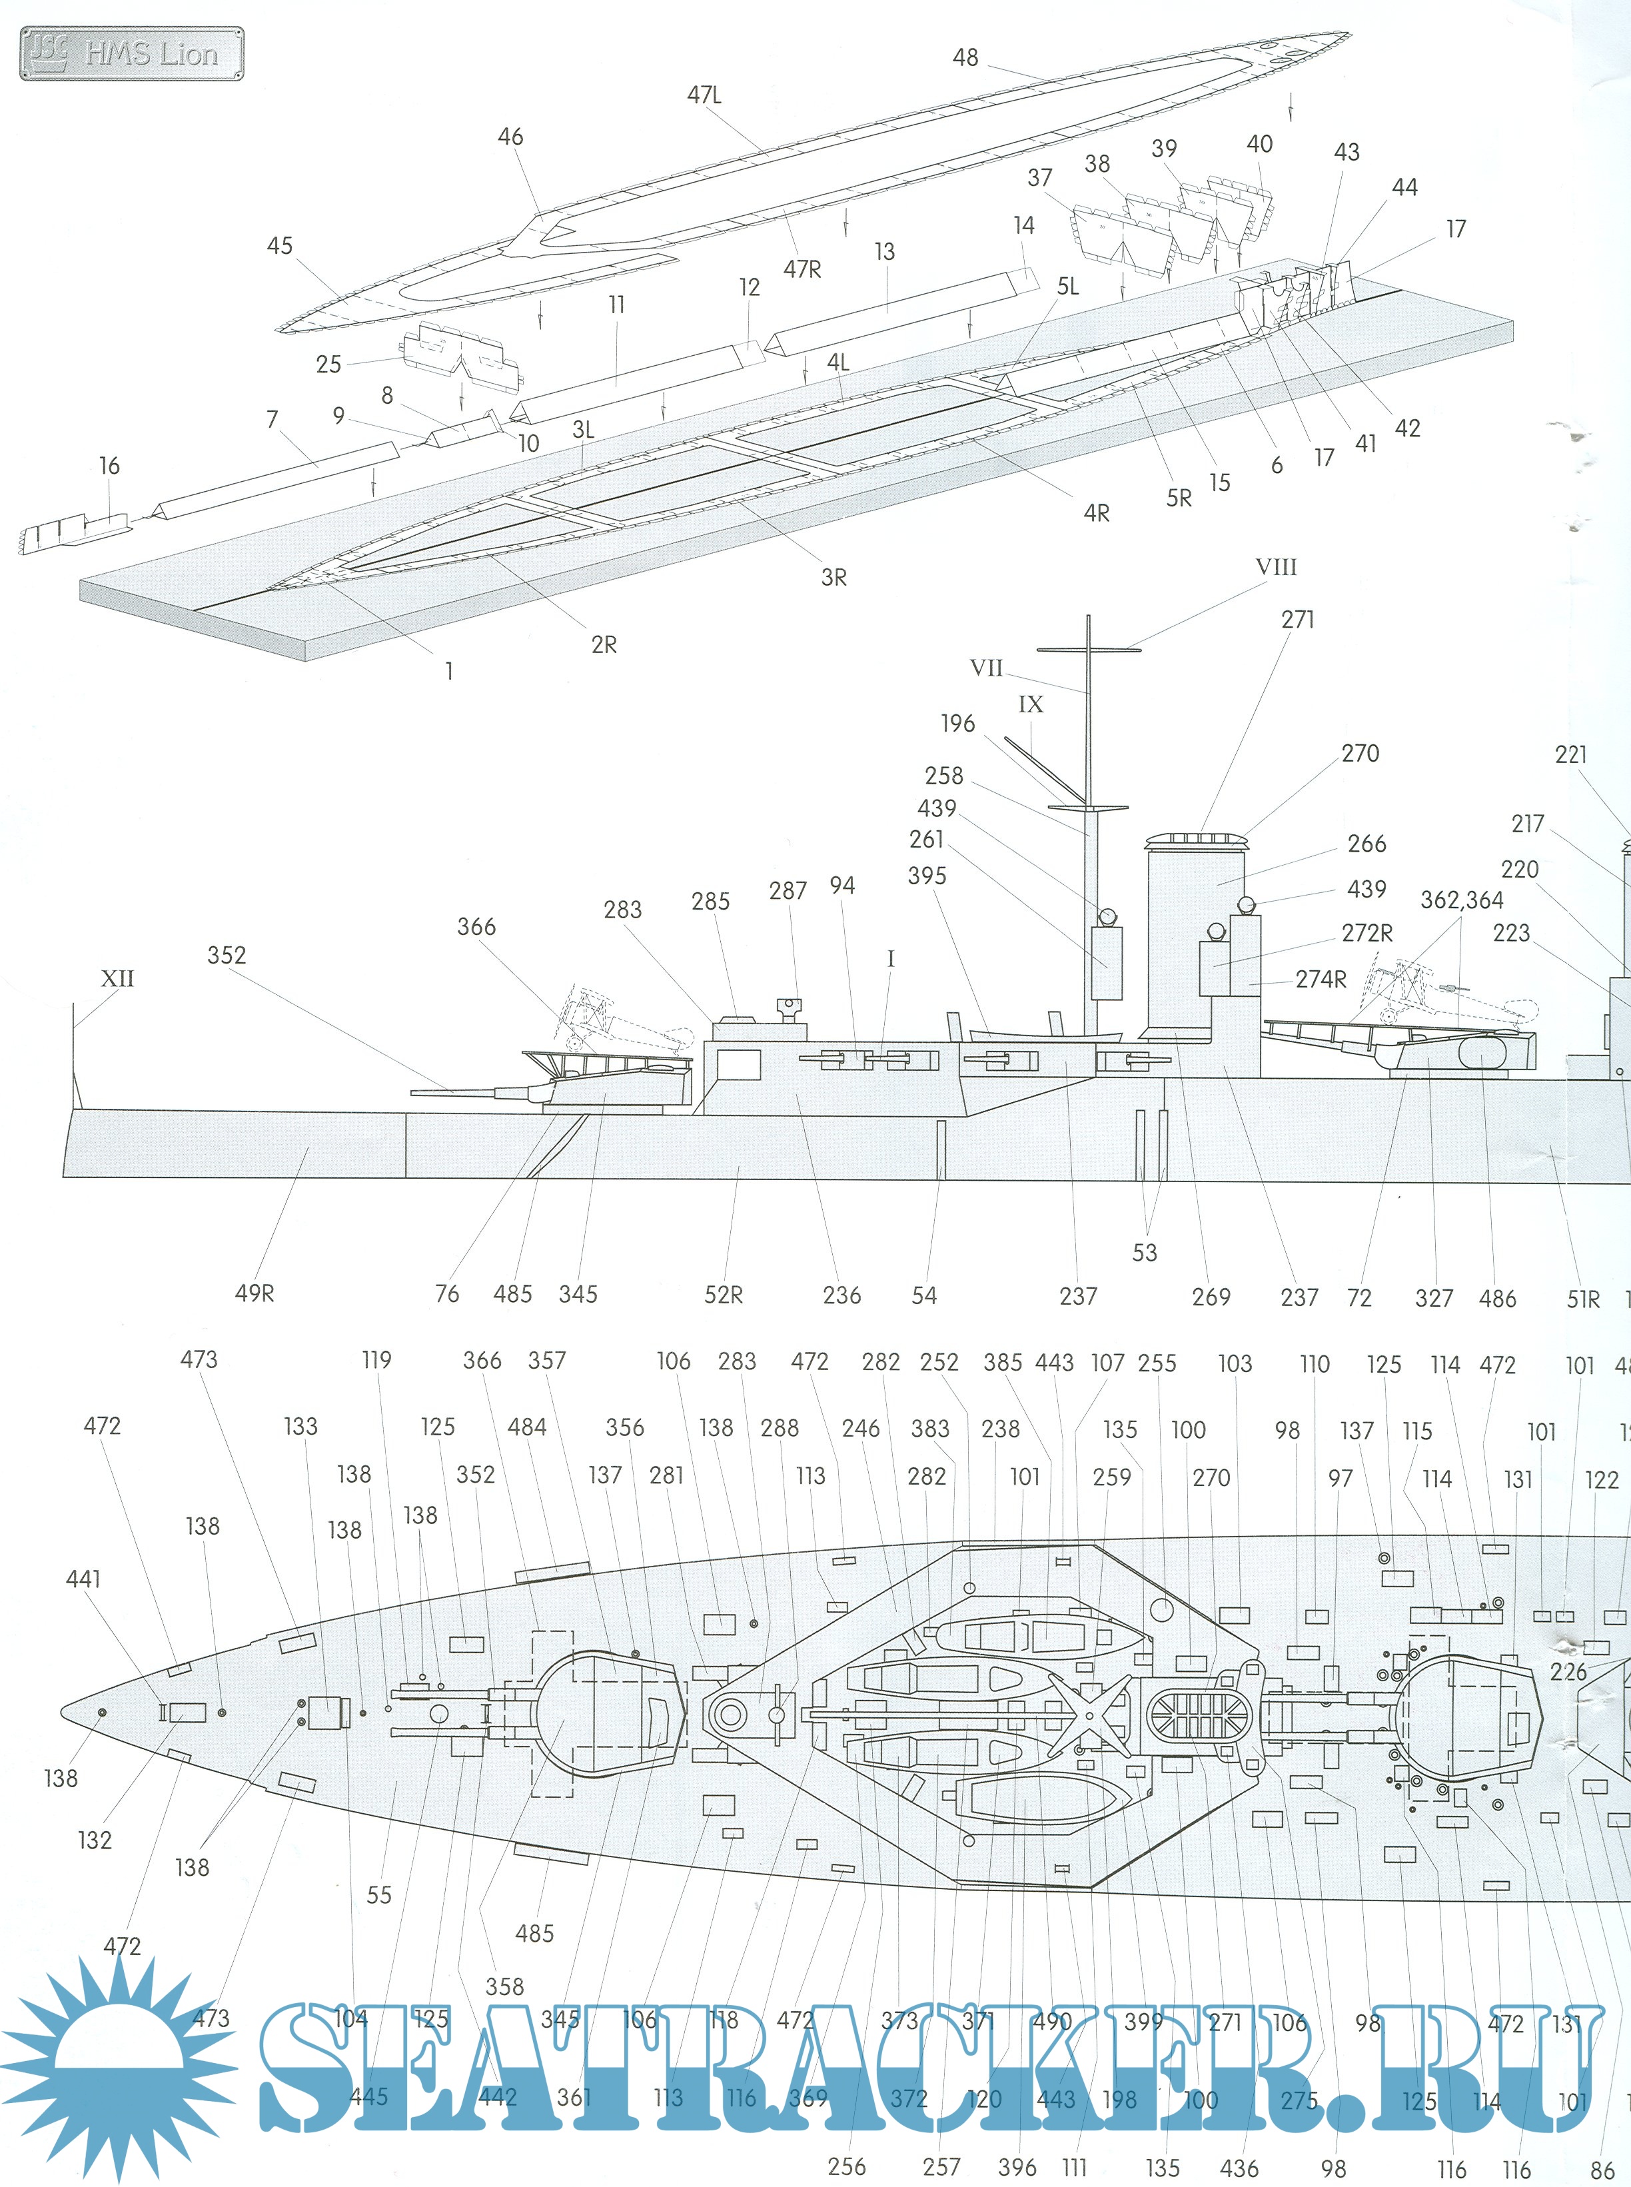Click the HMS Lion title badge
[x=131, y=53]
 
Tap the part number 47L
[x=704, y=95]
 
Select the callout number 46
[x=510, y=137]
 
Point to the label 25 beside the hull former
[x=328, y=364]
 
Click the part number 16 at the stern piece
[x=109, y=465]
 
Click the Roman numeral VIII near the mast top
[x=1276, y=568]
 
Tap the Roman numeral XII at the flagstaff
[x=117, y=978]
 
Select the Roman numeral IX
[x=1030, y=704]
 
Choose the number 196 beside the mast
[x=957, y=724]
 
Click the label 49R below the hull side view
[x=254, y=1293]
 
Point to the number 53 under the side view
[x=1144, y=1253]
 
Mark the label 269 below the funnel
[x=1211, y=1297]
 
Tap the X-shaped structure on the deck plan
[x=1089, y=1715]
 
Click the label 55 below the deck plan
[x=379, y=1894]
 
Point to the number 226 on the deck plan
[x=1568, y=1672]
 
